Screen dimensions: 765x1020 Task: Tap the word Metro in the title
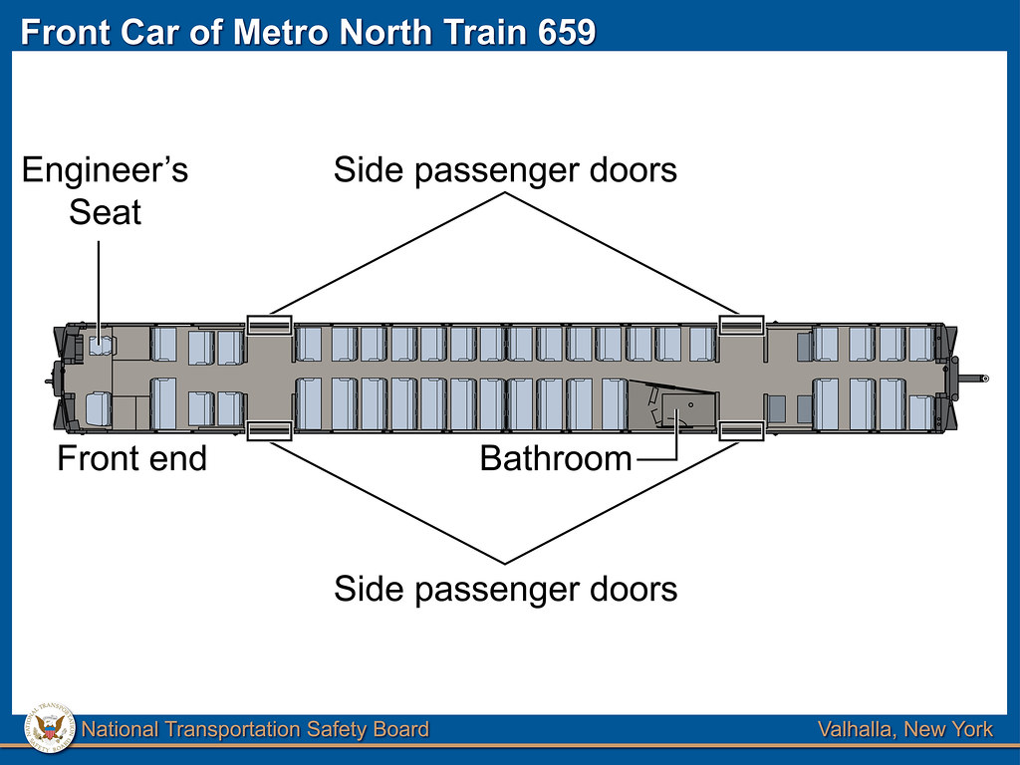pyautogui.click(x=283, y=32)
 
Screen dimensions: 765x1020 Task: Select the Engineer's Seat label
pyautogui.click(x=105, y=190)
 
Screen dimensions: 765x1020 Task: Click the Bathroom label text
pyautogui.click(x=556, y=458)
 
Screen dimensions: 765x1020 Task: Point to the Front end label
pyautogui.click(x=131, y=458)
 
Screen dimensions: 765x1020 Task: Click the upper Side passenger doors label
pyautogui.click(x=505, y=170)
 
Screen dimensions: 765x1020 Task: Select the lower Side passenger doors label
pyautogui.click(x=505, y=589)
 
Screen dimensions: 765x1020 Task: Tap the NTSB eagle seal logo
pyautogui.click(x=49, y=729)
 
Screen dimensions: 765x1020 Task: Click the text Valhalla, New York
pyautogui.click(x=904, y=730)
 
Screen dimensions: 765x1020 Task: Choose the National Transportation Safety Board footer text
pyautogui.click(x=255, y=730)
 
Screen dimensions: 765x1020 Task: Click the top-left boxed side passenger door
pyautogui.click(x=269, y=325)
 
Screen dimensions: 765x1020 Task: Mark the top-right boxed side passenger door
pyautogui.click(x=741, y=325)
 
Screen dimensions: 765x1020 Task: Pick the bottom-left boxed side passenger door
pyautogui.click(x=269, y=430)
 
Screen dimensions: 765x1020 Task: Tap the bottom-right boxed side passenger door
pyautogui.click(x=741, y=430)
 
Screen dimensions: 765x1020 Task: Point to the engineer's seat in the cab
pyautogui.click(x=102, y=346)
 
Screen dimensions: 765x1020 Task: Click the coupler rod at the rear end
pyautogui.click(x=971, y=378)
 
